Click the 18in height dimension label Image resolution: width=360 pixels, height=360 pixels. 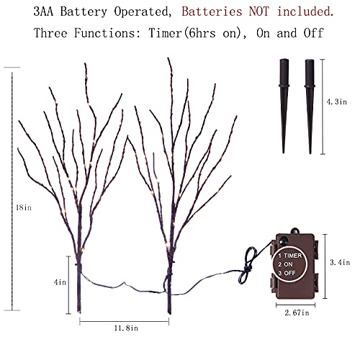[24, 207]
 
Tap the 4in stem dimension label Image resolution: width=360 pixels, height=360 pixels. [60, 282]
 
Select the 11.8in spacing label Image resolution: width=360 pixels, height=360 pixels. [126, 328]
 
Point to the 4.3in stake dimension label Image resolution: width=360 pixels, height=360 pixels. [336, 102]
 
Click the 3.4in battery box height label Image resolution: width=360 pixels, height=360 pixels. [340, 262]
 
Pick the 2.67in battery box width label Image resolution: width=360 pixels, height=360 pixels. [297, 312]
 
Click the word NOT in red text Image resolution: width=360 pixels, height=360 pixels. [259, 12]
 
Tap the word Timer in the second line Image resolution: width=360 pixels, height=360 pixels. [166, 33]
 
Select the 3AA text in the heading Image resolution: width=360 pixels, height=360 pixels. [43, 12]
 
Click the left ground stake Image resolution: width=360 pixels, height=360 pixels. [284, 106]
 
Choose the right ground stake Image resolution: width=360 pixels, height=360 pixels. [310, 107]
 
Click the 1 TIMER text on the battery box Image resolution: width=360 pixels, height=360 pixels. [290, 256]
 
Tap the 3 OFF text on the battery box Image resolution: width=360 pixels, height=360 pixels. [287, 273]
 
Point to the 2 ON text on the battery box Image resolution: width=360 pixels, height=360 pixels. [286, 264]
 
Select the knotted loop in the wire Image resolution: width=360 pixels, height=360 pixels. [248, 266]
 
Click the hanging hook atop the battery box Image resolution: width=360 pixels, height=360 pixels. [295, 231]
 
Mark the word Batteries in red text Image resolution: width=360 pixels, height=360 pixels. [212, 12]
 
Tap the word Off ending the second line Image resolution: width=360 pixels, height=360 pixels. [314, 33]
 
